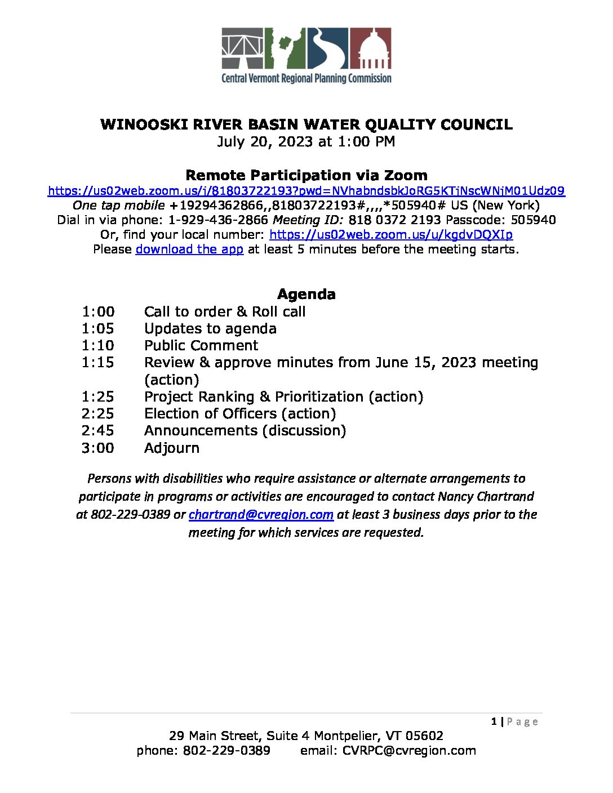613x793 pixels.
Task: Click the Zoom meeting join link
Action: pyautogui.click(x=306, y=191)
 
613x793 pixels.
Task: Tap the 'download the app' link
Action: pyautogui.click(x=189, y=249)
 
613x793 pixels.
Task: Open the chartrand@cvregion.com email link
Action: pyautogui.click(x=261, y=514)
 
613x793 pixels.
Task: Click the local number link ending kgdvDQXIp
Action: pyautogui.click(x=391, y=234)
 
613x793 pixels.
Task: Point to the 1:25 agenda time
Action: pyautogui.click(x=97, y=396)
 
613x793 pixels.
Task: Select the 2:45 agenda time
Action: pyautogui.click(x=97, y=430)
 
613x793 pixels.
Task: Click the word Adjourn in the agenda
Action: pyautogui.click(x=172, y=448)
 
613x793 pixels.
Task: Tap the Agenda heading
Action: pyautogui.click(x=306, y=294)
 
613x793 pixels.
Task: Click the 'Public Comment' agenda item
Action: pyautogui.click(x=201, y=345)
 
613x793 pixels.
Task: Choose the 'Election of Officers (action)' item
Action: pyautogui.click(x=240, y=413)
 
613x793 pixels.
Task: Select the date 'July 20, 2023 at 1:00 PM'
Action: pyautogui.click(x=306, y=141)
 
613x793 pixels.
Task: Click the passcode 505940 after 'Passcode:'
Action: pyautogui.click(x=533, y=220)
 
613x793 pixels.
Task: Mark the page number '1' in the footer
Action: pyautogui.click(x=494, y=721)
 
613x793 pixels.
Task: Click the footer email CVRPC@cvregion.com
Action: pyautogui.click(x=409, y=750)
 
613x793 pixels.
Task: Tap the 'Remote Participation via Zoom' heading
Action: pyautogui.click(x=306, y=175)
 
